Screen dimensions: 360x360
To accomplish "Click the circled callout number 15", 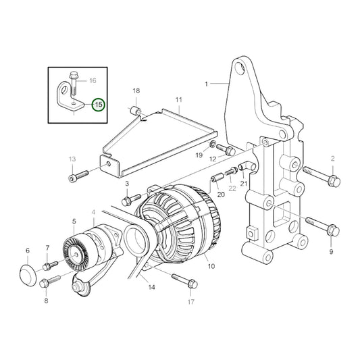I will [99, 105].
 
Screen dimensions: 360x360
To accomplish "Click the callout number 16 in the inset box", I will [93, 80].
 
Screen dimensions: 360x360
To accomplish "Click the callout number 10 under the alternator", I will [211, 267].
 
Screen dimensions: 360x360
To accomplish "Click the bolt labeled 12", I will [230, 151].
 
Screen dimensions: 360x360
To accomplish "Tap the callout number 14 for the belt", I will [151, 287].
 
